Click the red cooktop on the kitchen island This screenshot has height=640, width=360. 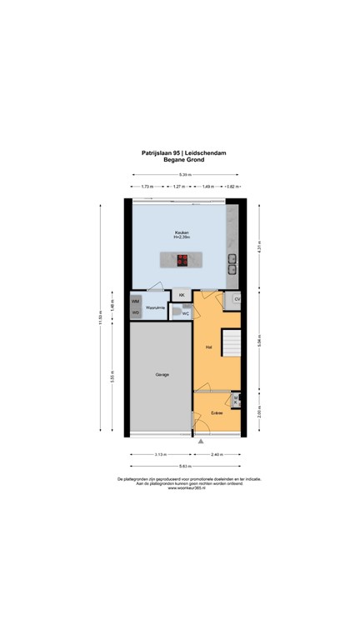click(182, 259)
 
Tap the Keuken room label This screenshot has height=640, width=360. click(181, 233)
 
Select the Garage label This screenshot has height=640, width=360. click(162, 374)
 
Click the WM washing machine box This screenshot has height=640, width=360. click(136, 300)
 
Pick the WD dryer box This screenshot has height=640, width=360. click(136, 312)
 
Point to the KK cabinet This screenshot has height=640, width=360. click(181, 295)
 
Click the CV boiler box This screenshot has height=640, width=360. click(237, 299)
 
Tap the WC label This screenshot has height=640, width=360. click(186, 313)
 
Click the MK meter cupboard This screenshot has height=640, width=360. click(236, 401)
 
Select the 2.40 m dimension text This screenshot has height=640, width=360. click(217, 454)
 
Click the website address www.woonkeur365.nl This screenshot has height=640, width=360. click(180, 487)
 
